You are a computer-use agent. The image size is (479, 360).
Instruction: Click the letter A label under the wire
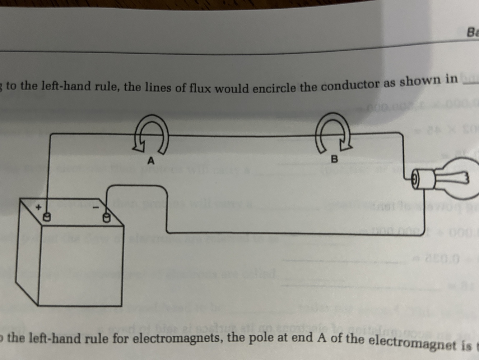(151, 160)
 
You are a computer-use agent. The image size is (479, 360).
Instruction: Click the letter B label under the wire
(334, 159)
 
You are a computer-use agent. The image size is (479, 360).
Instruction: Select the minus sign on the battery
(96, 208)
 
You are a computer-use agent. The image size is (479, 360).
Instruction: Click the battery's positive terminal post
(46, 217)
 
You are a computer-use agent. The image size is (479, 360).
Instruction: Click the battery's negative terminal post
(106, 217)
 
